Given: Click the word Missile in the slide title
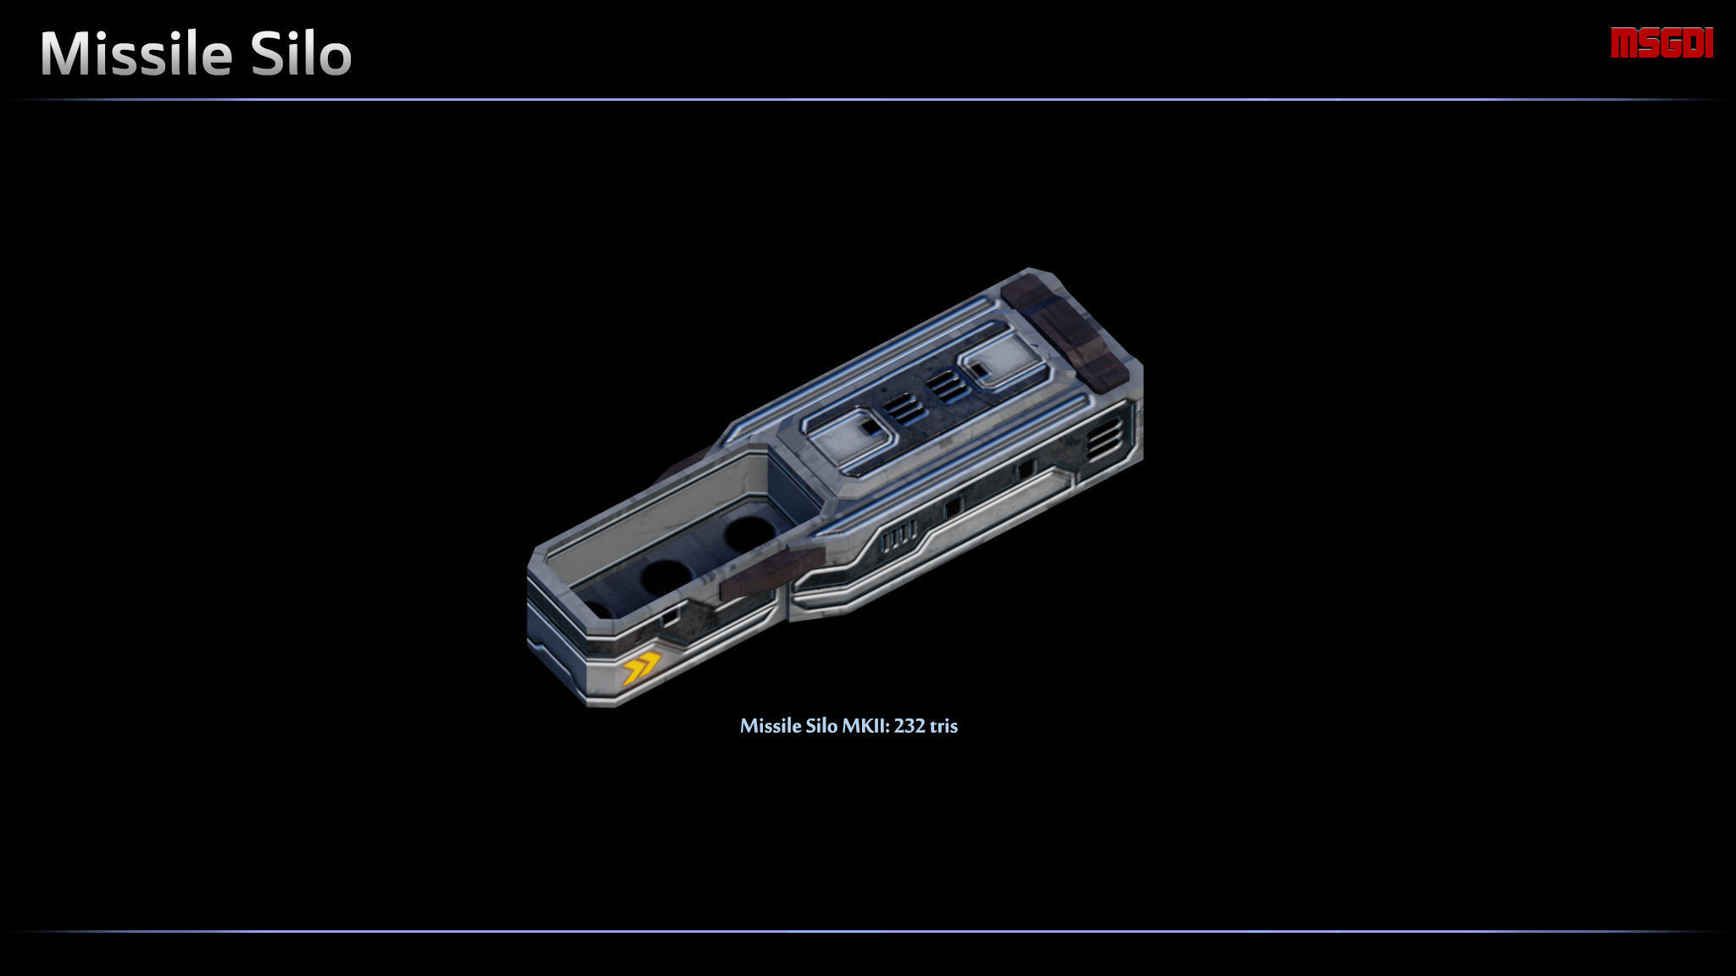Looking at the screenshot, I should coord(136,54).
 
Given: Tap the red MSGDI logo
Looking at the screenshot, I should coord(1661,43).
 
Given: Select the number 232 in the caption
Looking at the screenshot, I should coord(909,726).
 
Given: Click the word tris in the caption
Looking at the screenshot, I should coord(943,726).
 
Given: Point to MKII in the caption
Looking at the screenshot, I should coord(865,726).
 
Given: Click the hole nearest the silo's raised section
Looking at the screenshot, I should coord(748,534).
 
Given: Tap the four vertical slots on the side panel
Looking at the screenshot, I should coord(899,536).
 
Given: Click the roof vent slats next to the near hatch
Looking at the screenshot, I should coord(904,409).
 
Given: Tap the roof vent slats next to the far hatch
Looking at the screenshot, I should coord(947,387).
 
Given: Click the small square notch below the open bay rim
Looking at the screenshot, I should coord(670,618).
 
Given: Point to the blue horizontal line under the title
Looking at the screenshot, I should coord(868,100).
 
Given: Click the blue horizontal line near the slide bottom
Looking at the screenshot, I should coord(868,931).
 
